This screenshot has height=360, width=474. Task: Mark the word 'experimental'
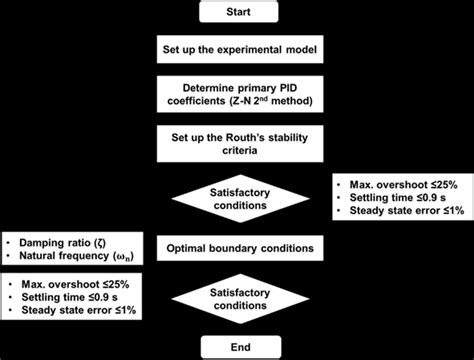246,49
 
